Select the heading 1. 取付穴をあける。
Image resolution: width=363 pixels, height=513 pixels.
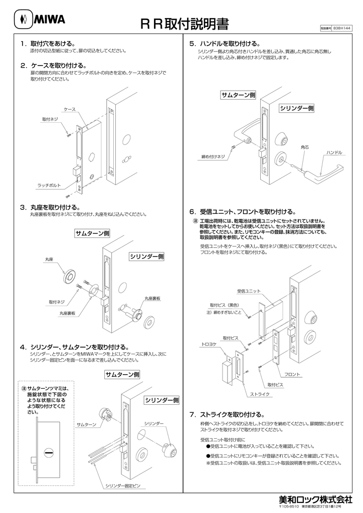point(48,44)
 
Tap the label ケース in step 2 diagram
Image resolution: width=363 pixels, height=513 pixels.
point(69,109)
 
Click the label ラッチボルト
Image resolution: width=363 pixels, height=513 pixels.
point(49,185)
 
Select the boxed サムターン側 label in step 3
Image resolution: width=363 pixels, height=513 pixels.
point(92,234)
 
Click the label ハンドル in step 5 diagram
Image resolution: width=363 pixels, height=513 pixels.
point(334,152)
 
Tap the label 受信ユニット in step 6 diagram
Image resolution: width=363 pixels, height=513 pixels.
point(249,291)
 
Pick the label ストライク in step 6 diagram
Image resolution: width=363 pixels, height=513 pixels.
point(260,394)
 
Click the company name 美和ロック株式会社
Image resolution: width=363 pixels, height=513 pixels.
point(315,499)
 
